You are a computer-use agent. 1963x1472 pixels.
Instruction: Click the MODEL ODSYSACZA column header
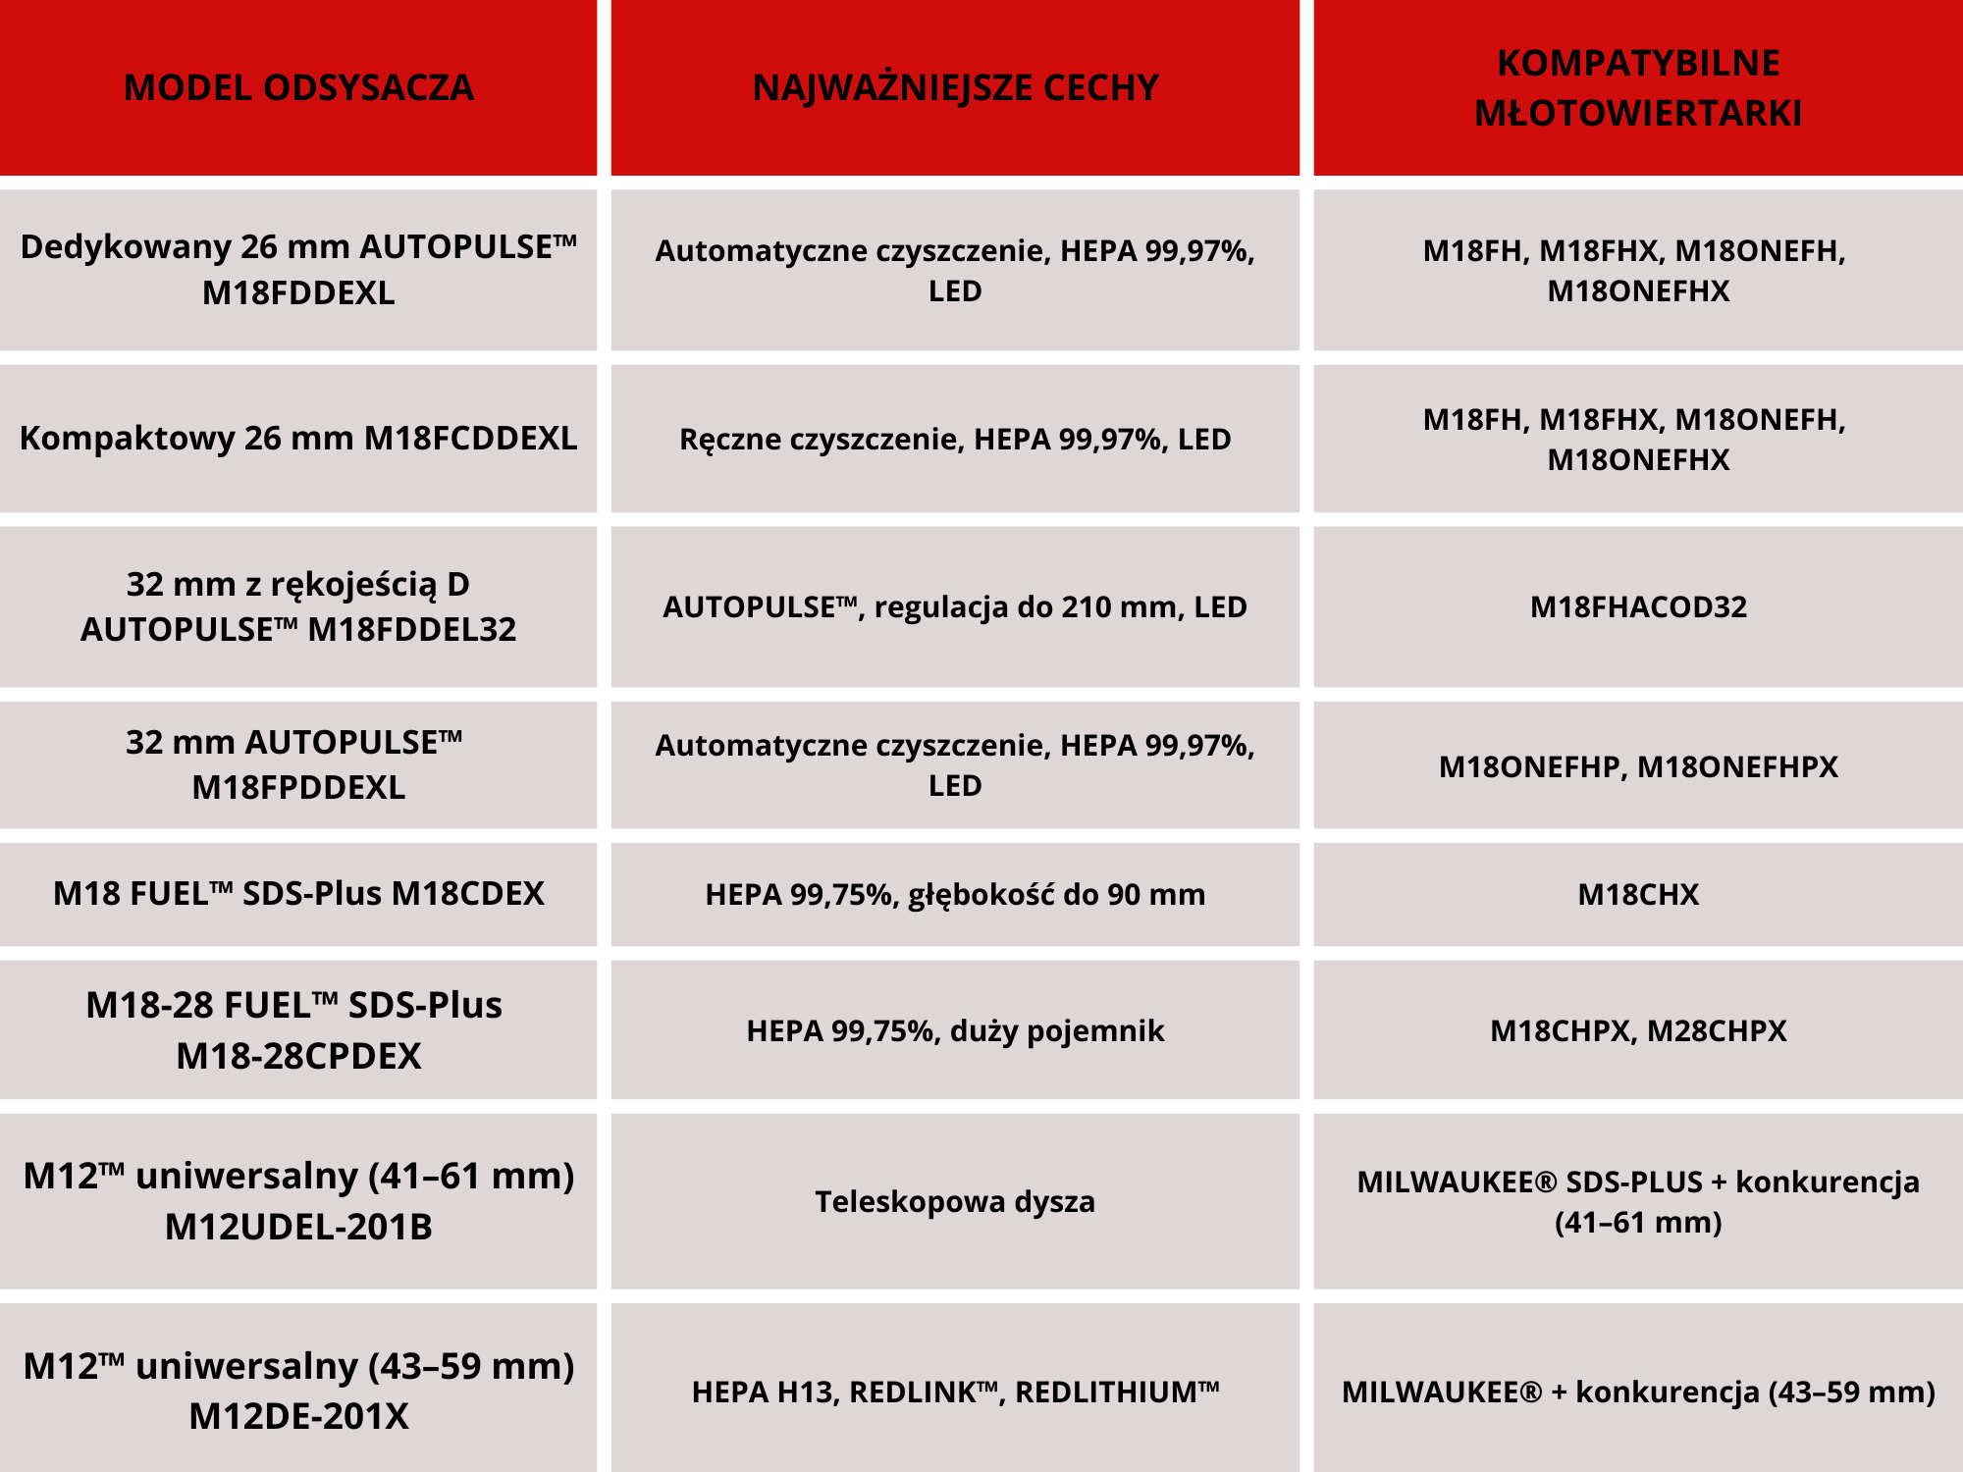tap(298, 87)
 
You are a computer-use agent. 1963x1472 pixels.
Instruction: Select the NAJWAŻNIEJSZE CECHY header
tap(955, 87)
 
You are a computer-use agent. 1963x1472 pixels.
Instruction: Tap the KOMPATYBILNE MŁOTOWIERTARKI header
tap(1638, 87)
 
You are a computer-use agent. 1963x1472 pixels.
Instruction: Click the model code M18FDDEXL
tap(298, 293)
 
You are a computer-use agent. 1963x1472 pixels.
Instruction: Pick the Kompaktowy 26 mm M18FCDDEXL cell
tap(298, 438)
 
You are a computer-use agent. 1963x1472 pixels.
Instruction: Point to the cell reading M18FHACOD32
tap(1638, 606)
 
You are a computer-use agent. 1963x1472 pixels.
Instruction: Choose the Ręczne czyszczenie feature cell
tap(955, 439)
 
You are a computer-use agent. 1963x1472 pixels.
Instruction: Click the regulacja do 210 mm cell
tap(955, 606)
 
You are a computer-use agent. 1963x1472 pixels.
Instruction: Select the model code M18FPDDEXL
tap(298, 787)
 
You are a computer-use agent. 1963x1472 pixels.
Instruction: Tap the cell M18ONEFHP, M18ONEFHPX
tap(1638, 766)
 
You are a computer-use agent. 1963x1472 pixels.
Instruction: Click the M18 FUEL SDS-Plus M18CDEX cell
tap(298, 894)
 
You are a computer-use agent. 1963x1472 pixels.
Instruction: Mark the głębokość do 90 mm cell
tap(955, 894)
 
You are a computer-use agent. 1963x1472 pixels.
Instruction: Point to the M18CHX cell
tap(1638, 894)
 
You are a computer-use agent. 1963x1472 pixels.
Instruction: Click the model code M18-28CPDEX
tap(298, 1056)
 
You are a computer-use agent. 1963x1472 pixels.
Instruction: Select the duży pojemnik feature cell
tap(955, 1030)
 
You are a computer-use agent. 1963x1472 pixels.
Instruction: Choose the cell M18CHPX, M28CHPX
tap(1638, 1030)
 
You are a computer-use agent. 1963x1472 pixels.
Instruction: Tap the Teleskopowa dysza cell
tap(955, 1201)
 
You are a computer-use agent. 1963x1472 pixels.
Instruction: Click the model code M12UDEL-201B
tap(298, 1227)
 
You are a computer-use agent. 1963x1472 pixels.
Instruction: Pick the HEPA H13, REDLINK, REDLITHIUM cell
tap(955, 1392)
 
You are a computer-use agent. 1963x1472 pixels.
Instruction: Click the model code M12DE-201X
tap(298, 1416)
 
